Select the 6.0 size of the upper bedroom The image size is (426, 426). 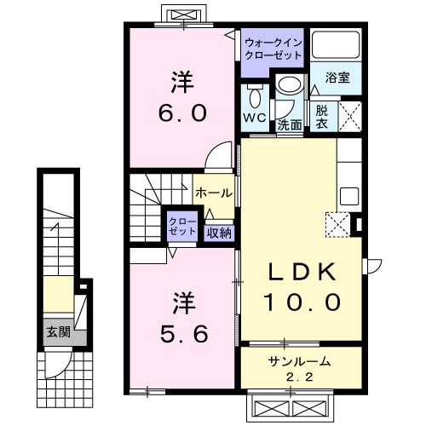click(181, 112)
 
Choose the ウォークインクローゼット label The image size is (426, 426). click(273, 47)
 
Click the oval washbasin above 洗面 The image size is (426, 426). click(289, 85)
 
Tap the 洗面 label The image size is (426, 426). click(290, 124)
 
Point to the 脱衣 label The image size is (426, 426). click(322, 116)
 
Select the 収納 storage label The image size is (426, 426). click(219, 231)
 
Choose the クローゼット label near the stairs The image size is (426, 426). click(181, 226)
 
